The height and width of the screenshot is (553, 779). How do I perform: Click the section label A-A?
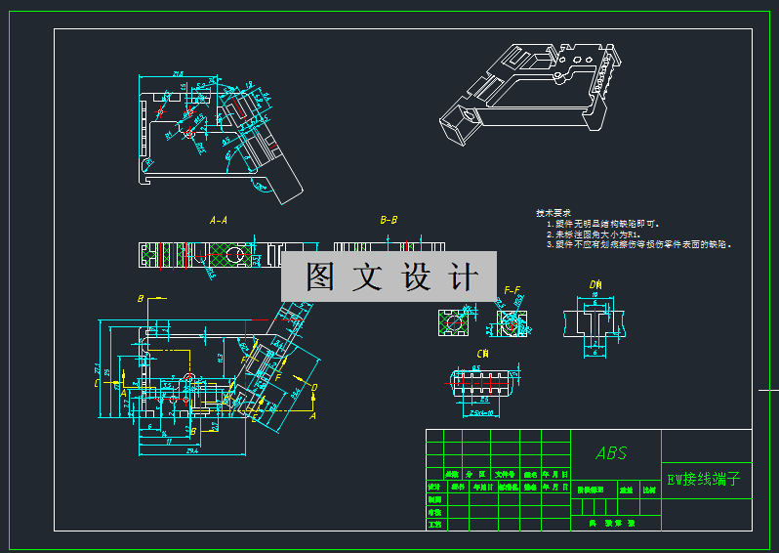[219, 221]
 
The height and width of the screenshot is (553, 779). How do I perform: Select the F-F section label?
[512, 290]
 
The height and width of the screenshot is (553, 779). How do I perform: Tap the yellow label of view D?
[595, 284]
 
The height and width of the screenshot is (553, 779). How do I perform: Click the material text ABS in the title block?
[611, 453]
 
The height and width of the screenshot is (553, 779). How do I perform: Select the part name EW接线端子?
[704, 480]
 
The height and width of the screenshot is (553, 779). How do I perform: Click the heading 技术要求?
[553, 212]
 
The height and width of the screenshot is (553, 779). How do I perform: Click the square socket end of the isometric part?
[456, 124]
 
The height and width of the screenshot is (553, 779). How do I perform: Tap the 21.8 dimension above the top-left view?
[179, 73]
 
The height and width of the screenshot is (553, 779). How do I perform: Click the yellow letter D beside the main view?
[313, 387]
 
